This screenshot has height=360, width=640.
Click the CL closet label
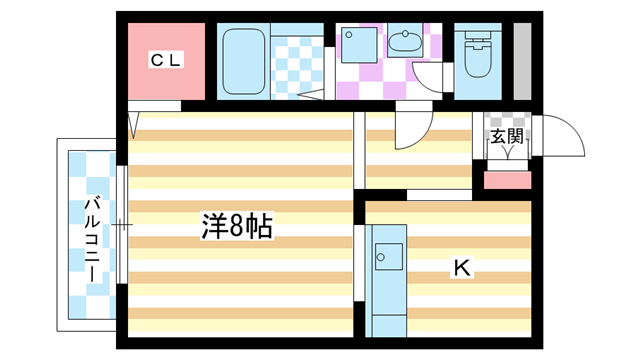tap(166, 61)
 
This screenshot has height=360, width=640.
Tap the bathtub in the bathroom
tap(241, 61)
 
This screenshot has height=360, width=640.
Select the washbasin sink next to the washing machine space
tap(405, 42)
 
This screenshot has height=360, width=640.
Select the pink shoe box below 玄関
tap(507, 180)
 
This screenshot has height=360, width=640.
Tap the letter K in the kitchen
tap(461, 267)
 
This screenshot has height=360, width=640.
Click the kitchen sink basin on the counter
tap(387, 256)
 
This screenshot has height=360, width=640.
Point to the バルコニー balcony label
tap(90, 241)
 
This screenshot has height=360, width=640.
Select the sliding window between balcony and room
tap(121, 224)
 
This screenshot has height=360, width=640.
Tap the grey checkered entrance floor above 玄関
tap(506, 121)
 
